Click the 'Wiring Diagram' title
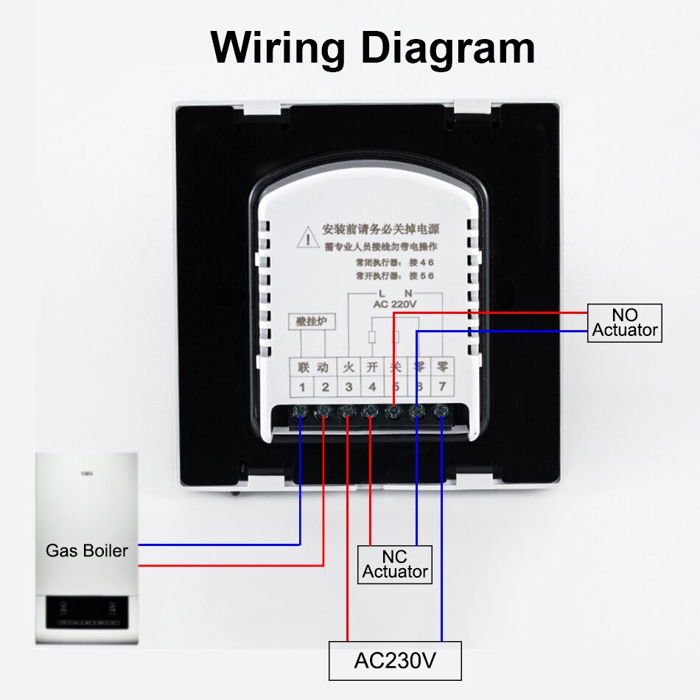[372, 49]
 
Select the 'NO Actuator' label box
[625, 323]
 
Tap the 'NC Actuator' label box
[395, 564]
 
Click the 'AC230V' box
[395, 661]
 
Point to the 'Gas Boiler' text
[87, 550]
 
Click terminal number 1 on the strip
[302, 386]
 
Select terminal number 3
[349, 386]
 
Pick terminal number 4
[372, 386]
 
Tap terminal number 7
[441, 386]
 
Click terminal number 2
[325, 386]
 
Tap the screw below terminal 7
[441, 412]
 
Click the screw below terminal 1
[301, 412]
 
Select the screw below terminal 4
[371, 412]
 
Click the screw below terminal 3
[347, 412]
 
